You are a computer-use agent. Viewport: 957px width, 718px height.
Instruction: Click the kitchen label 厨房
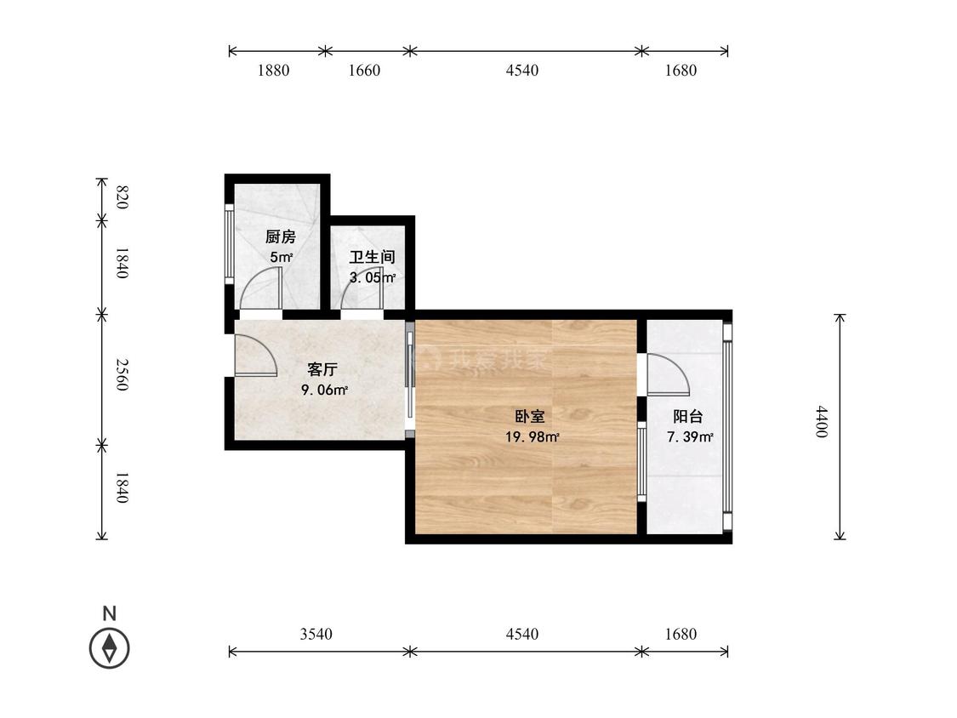[x=281, y=236]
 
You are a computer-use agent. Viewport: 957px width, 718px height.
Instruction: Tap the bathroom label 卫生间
[x=373, y=257]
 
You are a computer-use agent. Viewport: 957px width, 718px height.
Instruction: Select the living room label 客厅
[x=322, y=369]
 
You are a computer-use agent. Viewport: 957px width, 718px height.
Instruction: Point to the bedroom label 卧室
[x=530, y=416]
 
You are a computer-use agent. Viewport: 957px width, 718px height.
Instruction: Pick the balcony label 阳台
[x=688, y=416]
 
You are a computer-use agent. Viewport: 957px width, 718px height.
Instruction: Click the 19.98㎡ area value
[x=533, y=437]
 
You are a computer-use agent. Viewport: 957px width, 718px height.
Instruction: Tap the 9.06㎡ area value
[x=325, y=390]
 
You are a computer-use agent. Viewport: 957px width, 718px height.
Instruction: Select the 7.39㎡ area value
[x=690, y=437]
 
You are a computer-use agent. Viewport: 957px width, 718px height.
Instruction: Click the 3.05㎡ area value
[x=373, y=278]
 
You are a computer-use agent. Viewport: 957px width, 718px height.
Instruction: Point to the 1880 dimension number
[x=273, y=71]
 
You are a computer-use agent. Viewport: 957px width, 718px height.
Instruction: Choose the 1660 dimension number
[x=364, y=71]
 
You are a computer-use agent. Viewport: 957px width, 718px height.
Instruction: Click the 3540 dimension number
[x=316, y=635]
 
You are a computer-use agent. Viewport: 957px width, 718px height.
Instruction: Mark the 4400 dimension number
[x=822, y=421]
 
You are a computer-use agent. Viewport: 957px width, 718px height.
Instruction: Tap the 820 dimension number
[x=122, y=198]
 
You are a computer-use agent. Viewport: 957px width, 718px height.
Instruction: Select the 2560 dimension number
[x=122, y=375]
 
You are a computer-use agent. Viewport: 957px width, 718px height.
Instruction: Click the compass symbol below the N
[x=110, y=647]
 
